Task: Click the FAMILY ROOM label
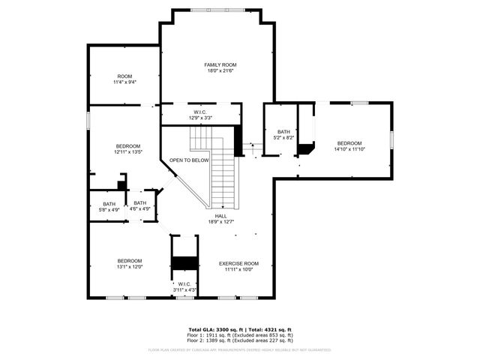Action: [x=215, y=65]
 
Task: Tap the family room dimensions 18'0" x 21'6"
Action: [x=215, y=71]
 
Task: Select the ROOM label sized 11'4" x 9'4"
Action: [x=124, y=76]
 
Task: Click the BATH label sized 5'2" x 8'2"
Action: [x=283, y=131]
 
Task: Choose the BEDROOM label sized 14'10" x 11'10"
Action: [x=349, y=143]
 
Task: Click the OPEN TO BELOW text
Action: [x=189, y=160]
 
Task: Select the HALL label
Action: [x=221, y=216]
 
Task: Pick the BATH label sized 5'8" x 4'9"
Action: [x=109, y=203]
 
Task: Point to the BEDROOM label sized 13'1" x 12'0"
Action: [x=129, y=260]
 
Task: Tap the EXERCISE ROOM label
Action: [x=238, y=263]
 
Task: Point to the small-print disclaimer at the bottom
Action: [x=240, y=349]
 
